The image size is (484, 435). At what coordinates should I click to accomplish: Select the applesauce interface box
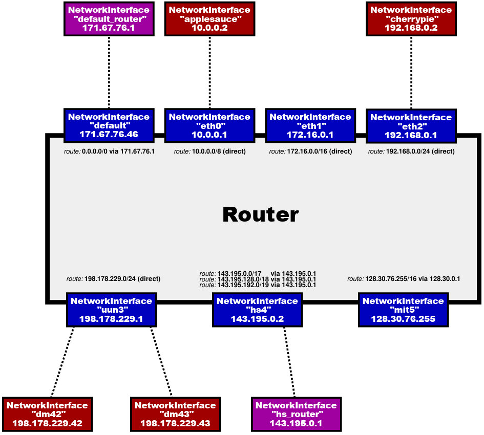(x=209, y=18)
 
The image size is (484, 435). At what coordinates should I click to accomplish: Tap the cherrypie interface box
(x=411, y=18)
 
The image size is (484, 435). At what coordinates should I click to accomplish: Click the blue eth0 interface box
(x=209, y=125)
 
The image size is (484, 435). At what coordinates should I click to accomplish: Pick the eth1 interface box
(x=310, y=125)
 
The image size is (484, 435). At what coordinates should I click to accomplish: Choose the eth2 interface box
(x=411, y=126)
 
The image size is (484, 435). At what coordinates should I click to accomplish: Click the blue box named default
(x=108, y=125)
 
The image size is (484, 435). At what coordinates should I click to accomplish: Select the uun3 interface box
(x=111, y=310)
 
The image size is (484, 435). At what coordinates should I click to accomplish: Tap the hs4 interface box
(x=257, y=310)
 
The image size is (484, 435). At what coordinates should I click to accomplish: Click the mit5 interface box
(x=403, y=310)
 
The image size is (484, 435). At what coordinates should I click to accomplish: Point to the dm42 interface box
(x=47, y=414)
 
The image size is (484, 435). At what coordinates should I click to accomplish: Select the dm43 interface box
(x=175, y=414)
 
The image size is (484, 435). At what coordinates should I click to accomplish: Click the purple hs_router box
(x=296, y=414)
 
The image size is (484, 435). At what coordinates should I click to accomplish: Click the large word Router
(x=260, y=215)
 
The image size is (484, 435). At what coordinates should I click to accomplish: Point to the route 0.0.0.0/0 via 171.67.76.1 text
(x=109, y=151)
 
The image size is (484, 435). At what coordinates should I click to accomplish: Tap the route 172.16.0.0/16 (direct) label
(x=310, y=151)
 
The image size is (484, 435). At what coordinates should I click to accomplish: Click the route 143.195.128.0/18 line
(x=258, y=279)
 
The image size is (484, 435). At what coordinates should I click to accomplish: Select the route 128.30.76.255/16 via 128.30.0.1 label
(x=404, y=279)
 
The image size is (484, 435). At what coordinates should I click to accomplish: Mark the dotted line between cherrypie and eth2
(x=411, y=72)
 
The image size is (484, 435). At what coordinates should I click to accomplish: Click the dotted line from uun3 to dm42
(x=62, y=361)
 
